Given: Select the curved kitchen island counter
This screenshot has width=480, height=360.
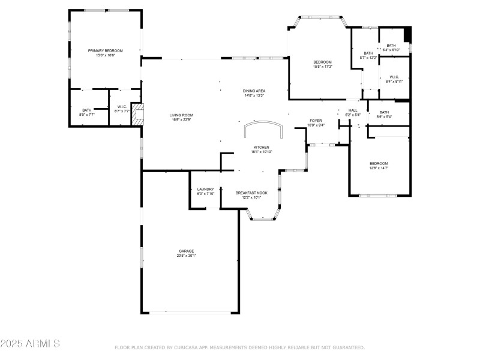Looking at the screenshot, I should tap(263, 128).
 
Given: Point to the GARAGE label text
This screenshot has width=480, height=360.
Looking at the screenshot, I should tap(186, 251).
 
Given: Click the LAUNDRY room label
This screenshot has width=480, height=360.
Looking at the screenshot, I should tap(206, 189).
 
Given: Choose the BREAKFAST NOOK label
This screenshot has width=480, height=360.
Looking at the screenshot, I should tap(251, 193).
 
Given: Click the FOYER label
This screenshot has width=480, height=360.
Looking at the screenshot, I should tap(316, 121).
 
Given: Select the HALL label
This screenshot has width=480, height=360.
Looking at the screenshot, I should tap(353, 110).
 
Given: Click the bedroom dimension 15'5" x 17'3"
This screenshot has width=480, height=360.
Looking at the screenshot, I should tap(322, 67).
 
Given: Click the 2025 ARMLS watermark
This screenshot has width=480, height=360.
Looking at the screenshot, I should tap(30, 344).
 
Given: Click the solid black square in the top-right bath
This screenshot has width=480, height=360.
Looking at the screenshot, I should tap(407, 34).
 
